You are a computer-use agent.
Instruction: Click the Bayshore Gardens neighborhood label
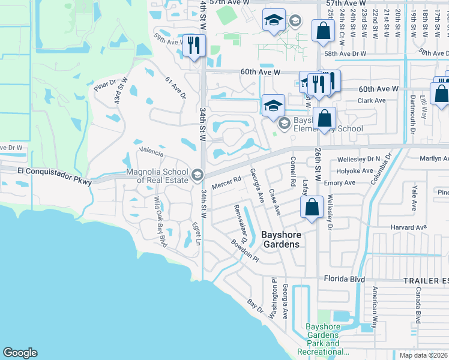click(x=282, y=239)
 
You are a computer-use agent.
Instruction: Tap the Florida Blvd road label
click(x=345, y=279)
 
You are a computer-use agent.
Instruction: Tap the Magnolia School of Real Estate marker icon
click(x=196, y=175)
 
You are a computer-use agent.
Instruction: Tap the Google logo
click(x=20, y=353)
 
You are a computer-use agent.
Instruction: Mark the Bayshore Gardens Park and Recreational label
click(x=324, y=340)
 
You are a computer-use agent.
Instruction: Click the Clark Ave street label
click(x=372, y=100)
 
